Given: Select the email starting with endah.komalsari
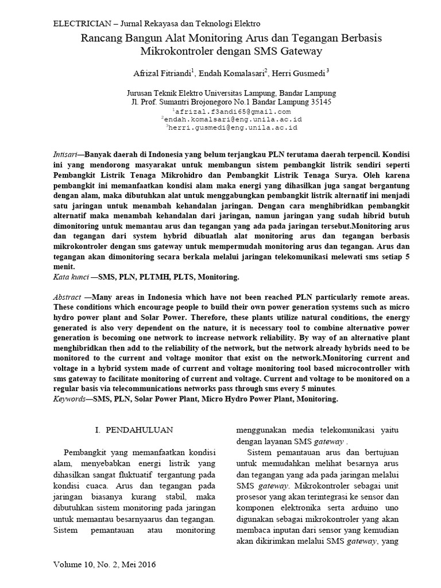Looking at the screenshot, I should [x=233, y=120].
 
